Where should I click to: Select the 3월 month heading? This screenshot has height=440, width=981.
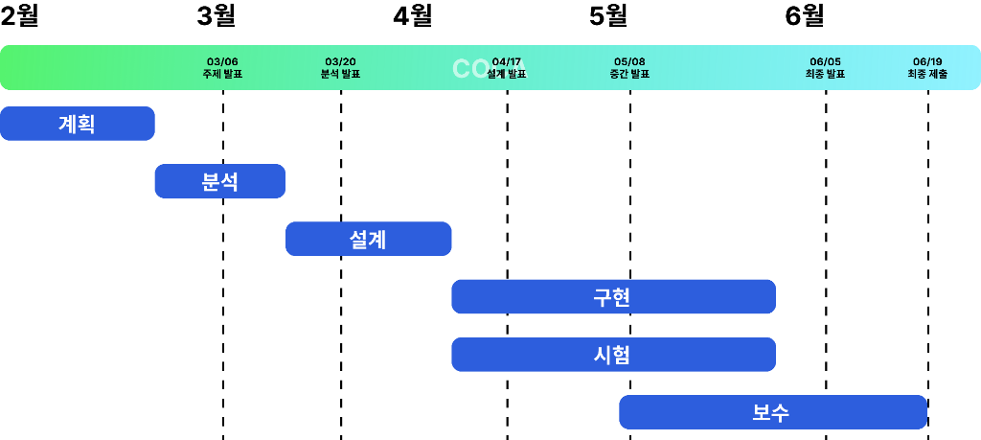coord(216,16)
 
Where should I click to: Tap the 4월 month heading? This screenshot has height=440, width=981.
coord(413,16)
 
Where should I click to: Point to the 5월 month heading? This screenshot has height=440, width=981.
coord(608,16)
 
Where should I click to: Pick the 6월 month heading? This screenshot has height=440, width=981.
coord(805,16)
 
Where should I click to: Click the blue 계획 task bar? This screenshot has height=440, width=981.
coord(77,124)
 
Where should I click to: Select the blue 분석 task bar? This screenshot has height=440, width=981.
coord(220,181)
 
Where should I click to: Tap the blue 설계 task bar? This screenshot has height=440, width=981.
coord(368,239)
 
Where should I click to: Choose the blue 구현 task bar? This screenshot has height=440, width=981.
coord(613,297)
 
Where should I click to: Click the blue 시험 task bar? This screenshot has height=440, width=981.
coord(613,355)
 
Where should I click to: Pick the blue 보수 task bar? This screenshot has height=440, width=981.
coord(772,412)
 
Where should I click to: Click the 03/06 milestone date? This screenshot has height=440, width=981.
coord(222,61)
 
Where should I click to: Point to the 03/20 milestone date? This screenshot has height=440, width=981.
coord(341,61)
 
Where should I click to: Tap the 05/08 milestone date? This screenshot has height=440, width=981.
coord(629,61)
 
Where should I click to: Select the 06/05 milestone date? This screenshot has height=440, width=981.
coord(825,61)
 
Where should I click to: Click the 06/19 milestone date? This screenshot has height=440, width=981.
coord(927,61)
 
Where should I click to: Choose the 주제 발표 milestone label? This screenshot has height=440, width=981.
coord(222,73)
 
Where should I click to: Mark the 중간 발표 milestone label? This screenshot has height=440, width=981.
coord(629,73)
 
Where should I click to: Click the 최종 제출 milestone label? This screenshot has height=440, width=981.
coord(927,73)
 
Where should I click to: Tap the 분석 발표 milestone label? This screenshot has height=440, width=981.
coord(341,73)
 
